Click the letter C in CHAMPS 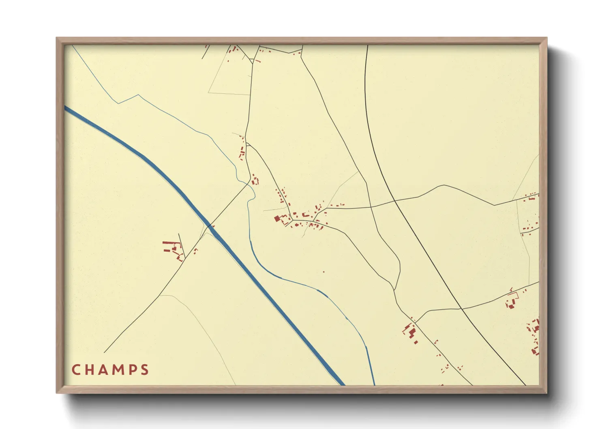click(75, 370)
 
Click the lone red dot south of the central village click(324, 272)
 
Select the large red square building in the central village click(278, 219)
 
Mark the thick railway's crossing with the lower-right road click(461, 309)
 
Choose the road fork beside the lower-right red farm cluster click(416, 323)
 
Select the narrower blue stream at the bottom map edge click(373, 381)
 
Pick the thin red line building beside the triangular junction click(257, 61)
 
